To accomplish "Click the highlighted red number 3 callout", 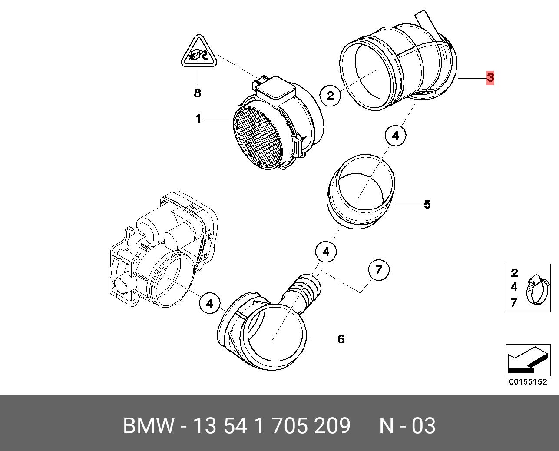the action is pyautogui.click(x=490, y=77).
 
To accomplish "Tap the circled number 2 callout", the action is pyautogui.click(x=330, y=96).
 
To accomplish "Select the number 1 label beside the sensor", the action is pyautogui.click(x=198, y=119).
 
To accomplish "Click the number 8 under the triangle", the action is pyautogui.click(x=198, y=93).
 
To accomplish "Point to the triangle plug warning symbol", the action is pyautogui.click(x=198, y=53).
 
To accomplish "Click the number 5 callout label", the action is pyautogui.click(x=427, y=204).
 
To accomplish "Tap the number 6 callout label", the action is pyautogui.click(x=341, y=339).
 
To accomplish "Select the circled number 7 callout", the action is pyautogui.click(x=379, y=270).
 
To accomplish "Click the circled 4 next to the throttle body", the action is pyautogui.click(x=210, y=303).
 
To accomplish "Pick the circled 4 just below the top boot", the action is pyautogui.click(x=395, y=136).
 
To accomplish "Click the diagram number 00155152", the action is pyautogui.click(x=528, y=382).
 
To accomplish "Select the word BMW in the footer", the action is pyautogui.click(x=149, y=426).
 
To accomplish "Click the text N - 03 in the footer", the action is pyautogui.click(x=407, y=426).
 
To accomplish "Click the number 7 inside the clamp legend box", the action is pyautogui.click(x=514, y=302).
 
